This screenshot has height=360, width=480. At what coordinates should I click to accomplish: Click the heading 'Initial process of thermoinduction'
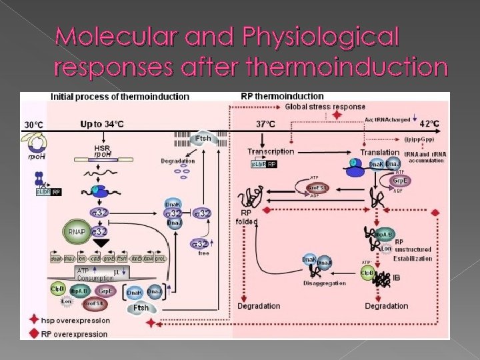[120, 96]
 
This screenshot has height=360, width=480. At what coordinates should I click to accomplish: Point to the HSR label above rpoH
[102, 147]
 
